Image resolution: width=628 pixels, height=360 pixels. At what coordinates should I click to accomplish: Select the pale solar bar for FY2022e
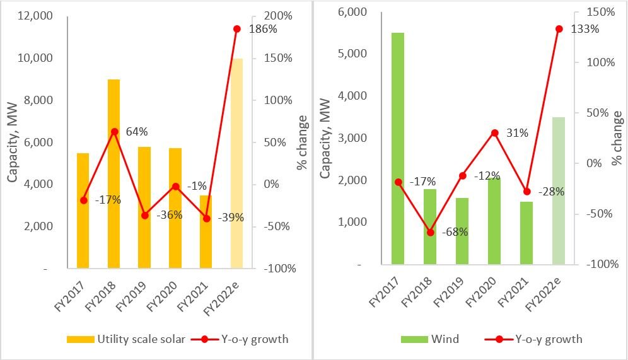coord(237,164)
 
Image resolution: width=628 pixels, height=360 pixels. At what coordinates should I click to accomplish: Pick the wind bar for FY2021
coord(526,233)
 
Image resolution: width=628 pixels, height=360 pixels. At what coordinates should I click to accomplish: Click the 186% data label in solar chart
coord(264,29)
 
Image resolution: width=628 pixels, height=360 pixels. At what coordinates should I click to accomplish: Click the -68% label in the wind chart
coord(455,232)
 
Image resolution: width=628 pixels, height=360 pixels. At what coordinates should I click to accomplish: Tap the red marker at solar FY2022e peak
coord(237,29)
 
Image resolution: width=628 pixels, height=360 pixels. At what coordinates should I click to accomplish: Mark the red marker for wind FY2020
coord(494,133)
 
